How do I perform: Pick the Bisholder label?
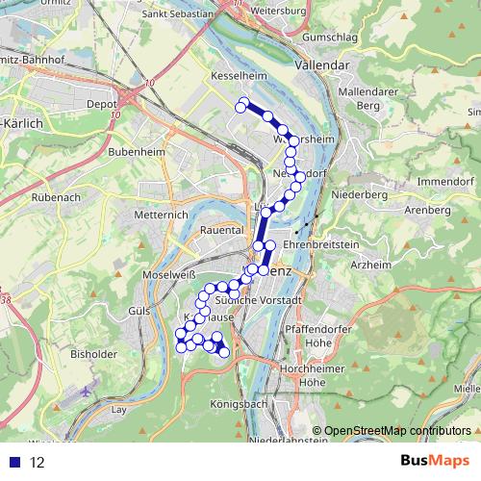99,354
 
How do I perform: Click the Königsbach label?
240,405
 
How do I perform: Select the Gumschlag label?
331,36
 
